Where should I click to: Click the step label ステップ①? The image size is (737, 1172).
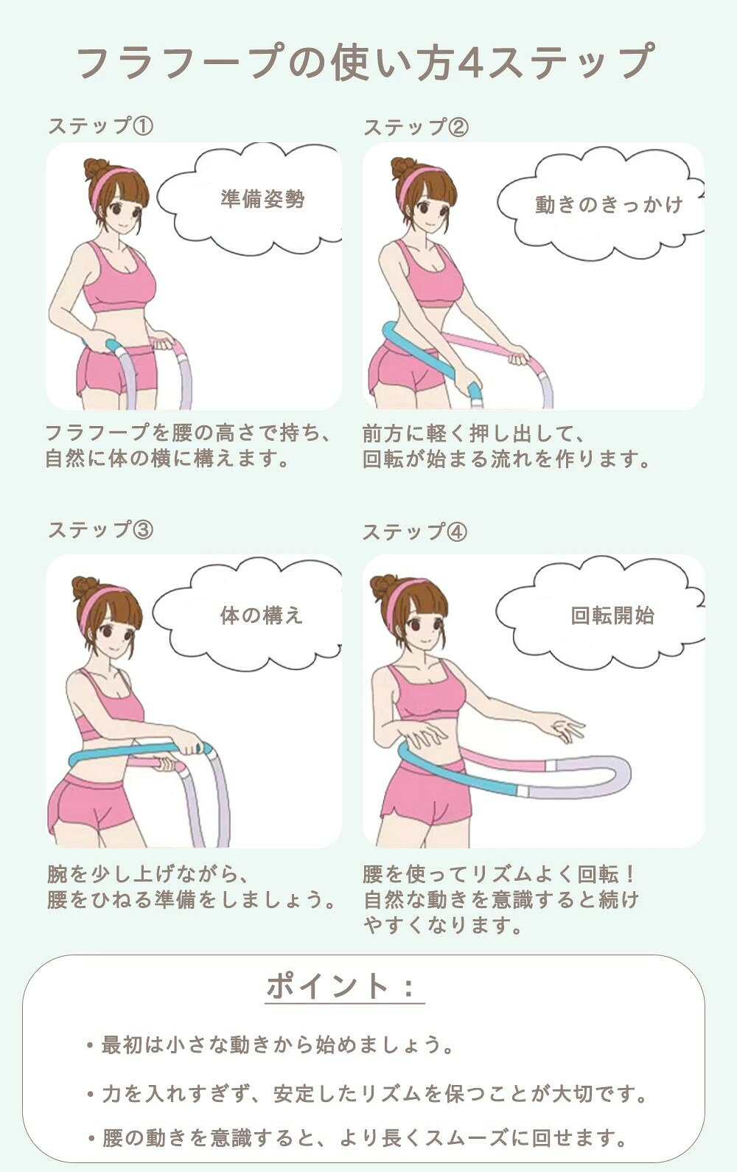(x=101, y=126)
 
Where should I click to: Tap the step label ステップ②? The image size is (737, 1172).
(x=416, y=127)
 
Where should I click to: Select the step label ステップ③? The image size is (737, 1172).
(x=101, y=530)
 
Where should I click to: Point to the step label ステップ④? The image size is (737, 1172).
(x=415, y=532)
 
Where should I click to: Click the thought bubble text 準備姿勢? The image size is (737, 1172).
(x=262, y=199)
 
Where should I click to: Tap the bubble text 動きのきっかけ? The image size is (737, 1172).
(x=609, y=205)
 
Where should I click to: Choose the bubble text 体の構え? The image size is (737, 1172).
(x=262, y=615)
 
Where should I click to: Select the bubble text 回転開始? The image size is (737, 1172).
(x=612, y=615)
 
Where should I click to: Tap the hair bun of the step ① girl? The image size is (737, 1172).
(x=94, y=169)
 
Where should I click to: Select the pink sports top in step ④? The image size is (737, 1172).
(x=425, y=691)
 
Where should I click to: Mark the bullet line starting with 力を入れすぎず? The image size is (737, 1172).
(x=367, y=1094)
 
